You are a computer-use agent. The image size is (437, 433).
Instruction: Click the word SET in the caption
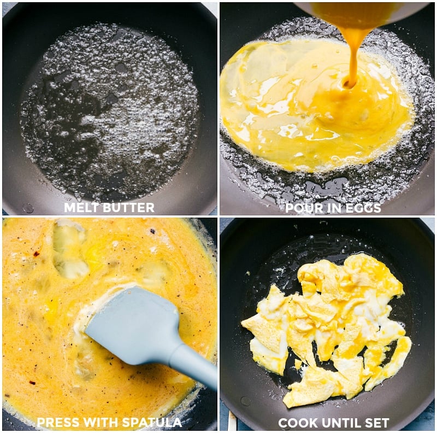point(377,423)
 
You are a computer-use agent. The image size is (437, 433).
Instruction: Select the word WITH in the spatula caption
point(103,422)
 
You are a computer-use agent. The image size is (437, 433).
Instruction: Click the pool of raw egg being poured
point(306,109)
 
